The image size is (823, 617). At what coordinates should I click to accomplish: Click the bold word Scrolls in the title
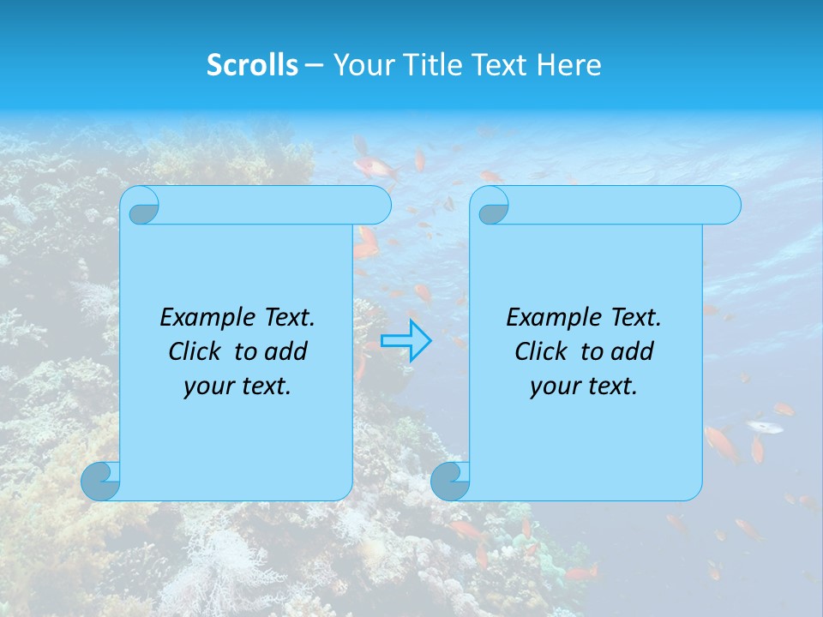pos(253,65)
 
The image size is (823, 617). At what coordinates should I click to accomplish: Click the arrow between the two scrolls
pos(405,340)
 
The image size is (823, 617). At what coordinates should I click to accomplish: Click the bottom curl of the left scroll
pos(101,481)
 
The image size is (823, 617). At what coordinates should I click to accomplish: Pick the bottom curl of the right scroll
pos(450,481)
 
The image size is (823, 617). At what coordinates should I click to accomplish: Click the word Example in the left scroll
pos(202,318)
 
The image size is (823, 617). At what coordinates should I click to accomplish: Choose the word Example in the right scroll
pos(549,318)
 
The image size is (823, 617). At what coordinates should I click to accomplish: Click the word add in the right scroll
pos(633,351)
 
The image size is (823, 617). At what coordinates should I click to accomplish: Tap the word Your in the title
pos(360,65)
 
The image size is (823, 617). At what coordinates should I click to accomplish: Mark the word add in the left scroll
pos(286,351)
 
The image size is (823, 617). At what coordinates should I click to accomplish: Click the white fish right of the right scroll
pos(764,426)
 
